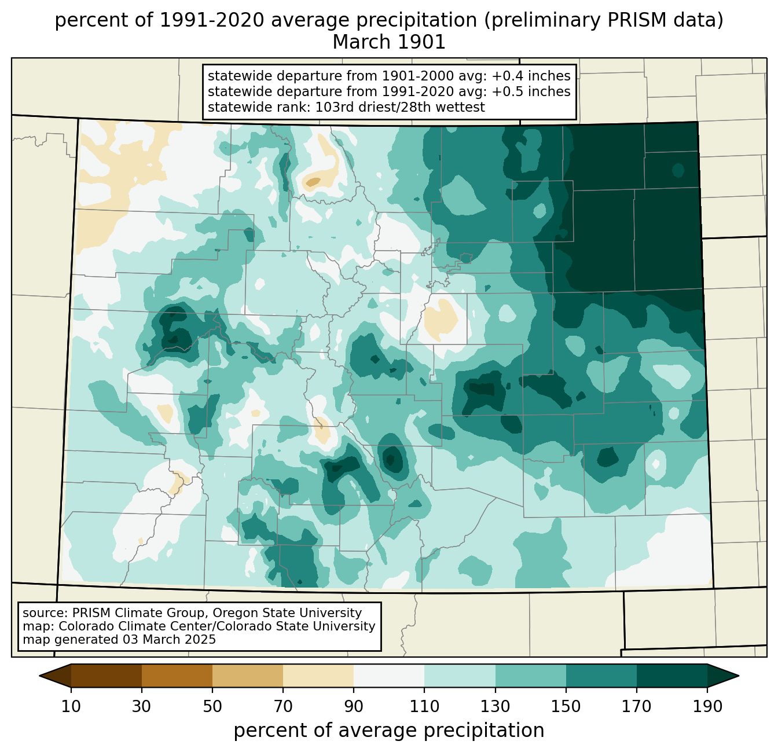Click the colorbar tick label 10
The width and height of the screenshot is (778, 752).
click(71, 706)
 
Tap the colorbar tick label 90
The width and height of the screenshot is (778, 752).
click(354, 706)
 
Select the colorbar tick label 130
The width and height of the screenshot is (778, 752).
click(495, 706)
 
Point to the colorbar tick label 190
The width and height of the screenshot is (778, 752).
click(707, 706)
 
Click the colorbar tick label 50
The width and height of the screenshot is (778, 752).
click(212, 706)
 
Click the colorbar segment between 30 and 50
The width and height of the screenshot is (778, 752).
click(177, 676)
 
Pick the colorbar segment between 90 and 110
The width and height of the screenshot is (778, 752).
click(389, 676)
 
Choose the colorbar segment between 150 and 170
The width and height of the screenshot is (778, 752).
click(601, 676)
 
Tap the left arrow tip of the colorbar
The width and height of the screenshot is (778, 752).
click(39, 676)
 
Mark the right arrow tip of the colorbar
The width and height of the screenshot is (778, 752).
click(739, 676)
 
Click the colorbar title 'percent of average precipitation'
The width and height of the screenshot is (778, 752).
click(388, 731)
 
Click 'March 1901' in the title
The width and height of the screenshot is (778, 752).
click(388, 42)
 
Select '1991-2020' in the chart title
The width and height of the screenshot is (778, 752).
click(211, 20)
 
